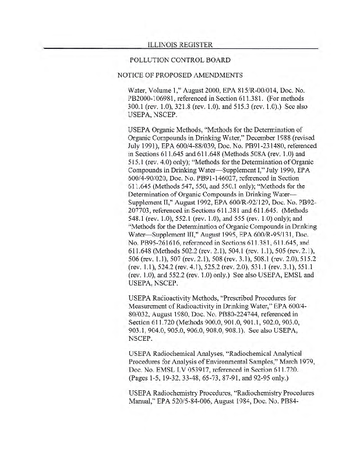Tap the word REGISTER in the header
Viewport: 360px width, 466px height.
pos(196,45)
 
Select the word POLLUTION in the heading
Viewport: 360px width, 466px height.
pos(156,60)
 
